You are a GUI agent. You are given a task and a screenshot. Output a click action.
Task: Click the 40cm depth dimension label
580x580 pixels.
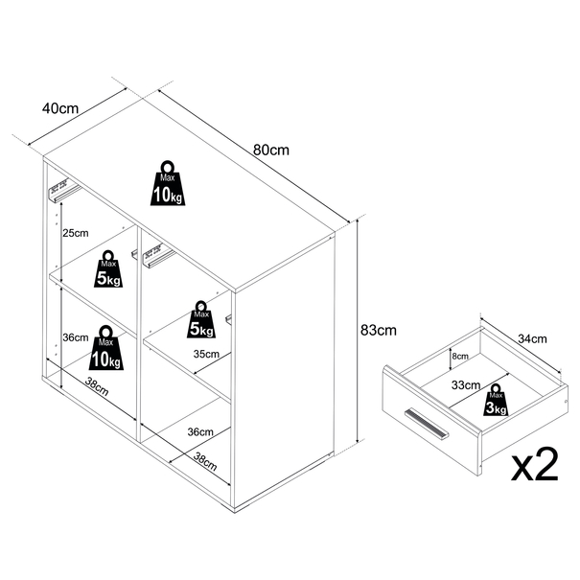coord(60,108)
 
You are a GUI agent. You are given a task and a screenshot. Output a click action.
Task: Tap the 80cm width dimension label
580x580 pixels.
coord(271,150)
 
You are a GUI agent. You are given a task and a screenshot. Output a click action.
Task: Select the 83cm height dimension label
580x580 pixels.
coord(378,330)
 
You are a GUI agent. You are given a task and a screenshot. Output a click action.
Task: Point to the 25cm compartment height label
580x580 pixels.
coord(76,233)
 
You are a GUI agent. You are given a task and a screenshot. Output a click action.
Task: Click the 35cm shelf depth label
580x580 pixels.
coord(206,354)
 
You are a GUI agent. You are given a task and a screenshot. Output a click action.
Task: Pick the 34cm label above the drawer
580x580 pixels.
coord(532,338)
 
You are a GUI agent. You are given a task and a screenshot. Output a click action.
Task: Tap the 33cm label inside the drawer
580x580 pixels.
coord(466,385)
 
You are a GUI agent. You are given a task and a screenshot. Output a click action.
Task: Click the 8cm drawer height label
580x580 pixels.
coord(460,357)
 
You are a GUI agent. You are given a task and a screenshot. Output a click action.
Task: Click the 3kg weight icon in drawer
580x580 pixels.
coord(496,400)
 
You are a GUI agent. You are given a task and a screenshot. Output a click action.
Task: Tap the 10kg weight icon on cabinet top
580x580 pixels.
coord(168,183)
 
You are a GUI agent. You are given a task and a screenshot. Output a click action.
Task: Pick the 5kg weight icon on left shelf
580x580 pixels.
coord(108,269)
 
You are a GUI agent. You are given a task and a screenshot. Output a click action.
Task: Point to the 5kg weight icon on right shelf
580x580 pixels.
coord(201,319)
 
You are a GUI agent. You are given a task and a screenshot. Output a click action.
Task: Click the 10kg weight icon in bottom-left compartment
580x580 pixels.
coord(105,348)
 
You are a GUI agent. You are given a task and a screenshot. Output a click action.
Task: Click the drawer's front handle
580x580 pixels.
coord(427,424)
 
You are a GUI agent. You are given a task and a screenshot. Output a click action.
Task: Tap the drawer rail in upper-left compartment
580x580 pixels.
coord(64,190)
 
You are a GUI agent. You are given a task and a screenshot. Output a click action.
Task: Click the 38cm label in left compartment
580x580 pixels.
coord(97,386)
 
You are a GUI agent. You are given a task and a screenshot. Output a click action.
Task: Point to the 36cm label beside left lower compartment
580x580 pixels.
coord(76,337)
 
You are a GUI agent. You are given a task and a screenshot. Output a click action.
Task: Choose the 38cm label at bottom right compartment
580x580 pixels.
coord(204,462)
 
